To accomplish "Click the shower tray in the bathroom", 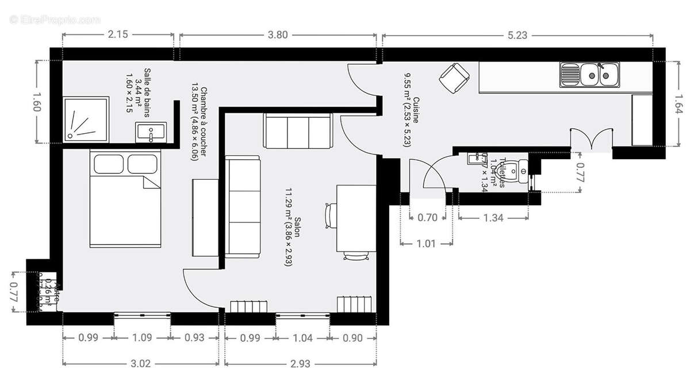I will pyautogui.click(x=85, y=119).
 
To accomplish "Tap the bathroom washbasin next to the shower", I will pyautogui.click(x=151, y=132).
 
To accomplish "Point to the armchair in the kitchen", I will pyautogui.click(x=454, y=78).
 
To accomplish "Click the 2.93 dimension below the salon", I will pyautogui.click(x=300, y=363).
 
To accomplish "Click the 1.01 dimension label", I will pyautogui.click(x=426, y=243).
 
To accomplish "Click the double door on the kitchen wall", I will pyautogui.click(x=592, y=140).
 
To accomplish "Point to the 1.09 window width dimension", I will pyautogui.click(x=142, y=338).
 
